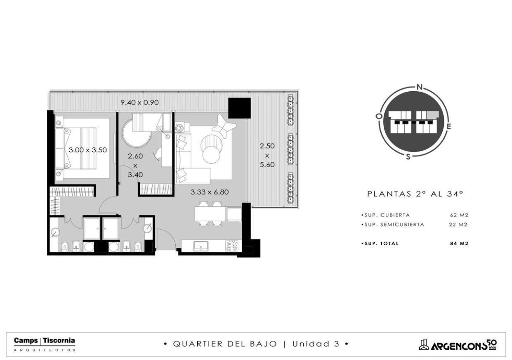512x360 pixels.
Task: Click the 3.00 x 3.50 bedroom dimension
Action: tap(87, 150)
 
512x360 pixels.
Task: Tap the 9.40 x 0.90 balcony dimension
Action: tap(139, 102)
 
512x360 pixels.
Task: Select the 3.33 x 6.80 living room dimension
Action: tap(210, 192)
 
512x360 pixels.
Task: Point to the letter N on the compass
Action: tap(419, 87)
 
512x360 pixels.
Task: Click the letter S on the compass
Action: tap(408, 157)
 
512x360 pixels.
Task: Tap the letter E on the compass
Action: tap(449, 126)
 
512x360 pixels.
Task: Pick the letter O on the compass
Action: tap(378, 116)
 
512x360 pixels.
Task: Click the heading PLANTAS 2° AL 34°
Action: tap(415, 194)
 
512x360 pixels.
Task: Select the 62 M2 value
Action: tap(459, 215)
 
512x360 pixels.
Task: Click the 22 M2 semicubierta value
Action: tap(458, 225)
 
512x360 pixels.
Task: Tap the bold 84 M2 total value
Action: tap(459, 244)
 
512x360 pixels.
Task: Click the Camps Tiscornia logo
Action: tap(45, 344)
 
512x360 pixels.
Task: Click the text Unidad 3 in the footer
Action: tap(316, 344)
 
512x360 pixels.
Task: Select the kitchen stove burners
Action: tap(232, 246)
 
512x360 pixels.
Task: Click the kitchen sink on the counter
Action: tap(201, 246)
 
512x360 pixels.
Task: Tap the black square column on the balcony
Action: tap(239, 108)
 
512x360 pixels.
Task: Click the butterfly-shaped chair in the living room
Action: tap(223, 126)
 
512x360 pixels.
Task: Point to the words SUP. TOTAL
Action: tap(380, 244)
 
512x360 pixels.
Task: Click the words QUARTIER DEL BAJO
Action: tap(225, 344)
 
